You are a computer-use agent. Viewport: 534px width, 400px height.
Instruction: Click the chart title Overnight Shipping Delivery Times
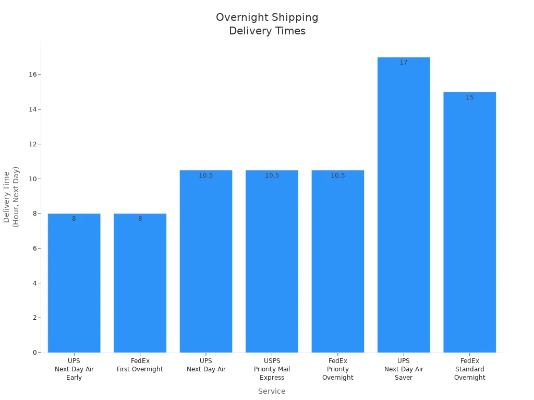(267, 24)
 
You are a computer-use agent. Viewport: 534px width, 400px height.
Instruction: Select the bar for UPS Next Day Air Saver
(404, 208)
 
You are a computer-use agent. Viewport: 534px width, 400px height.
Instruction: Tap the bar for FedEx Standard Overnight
(469, 224)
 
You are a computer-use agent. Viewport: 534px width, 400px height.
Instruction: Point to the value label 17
(404, 63)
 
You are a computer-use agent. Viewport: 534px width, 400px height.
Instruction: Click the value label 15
(469, 97)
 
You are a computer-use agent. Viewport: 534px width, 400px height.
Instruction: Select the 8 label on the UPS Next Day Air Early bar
(74, 219)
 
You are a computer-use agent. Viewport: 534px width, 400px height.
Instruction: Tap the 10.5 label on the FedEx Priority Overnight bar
(338, 176)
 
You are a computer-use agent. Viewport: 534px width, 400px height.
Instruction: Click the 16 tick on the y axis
(32, 74)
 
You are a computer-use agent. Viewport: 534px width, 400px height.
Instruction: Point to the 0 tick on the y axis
(34, 353)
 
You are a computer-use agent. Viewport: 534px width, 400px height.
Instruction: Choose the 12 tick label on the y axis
(32, 144)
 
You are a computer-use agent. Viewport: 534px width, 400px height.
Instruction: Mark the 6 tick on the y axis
(34, 248)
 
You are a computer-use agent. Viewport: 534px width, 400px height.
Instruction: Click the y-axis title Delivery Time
(11, 197)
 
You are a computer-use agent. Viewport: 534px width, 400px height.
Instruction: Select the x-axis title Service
(272, 391)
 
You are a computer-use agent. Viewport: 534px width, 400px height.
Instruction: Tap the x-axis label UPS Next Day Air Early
(74, 369)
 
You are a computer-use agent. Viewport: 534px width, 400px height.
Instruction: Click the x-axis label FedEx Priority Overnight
(338, 369)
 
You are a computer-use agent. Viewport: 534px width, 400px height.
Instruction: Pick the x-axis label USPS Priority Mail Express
(272, 369)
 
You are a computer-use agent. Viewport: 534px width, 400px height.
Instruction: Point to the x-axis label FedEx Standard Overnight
(469, 369)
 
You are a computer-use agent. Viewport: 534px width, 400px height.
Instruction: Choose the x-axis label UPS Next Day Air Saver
(404, 369)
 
